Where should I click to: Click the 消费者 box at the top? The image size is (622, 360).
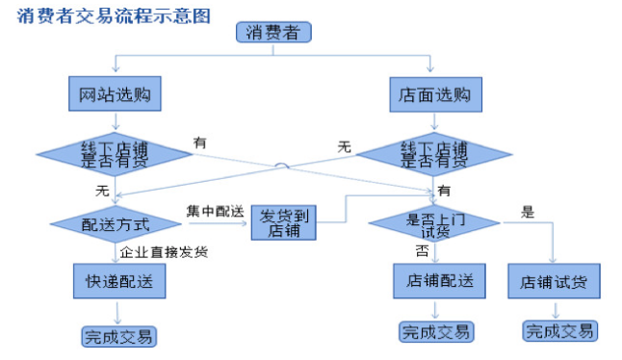pyautogui.click(x=272, y=33)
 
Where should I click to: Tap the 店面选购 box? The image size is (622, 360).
pyautogui.click(x=433, y=95)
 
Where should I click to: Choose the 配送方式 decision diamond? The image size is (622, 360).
pyautogui.click(x=116, y=224)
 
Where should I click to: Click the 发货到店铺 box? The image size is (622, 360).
pyautogui.click(x=284, y=223)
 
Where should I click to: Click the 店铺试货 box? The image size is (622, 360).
pyautogui.click(x=554, y=283)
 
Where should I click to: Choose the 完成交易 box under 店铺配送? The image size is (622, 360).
pyautogui.click(x=435, y=332)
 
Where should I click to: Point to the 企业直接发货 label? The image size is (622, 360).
pyautogui.click(x=164, y=252)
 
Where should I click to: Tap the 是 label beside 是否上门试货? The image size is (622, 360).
pyautogui.click(x=527, y=212)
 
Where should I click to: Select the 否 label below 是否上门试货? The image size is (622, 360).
pyautogui.click(x=422, y=251)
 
